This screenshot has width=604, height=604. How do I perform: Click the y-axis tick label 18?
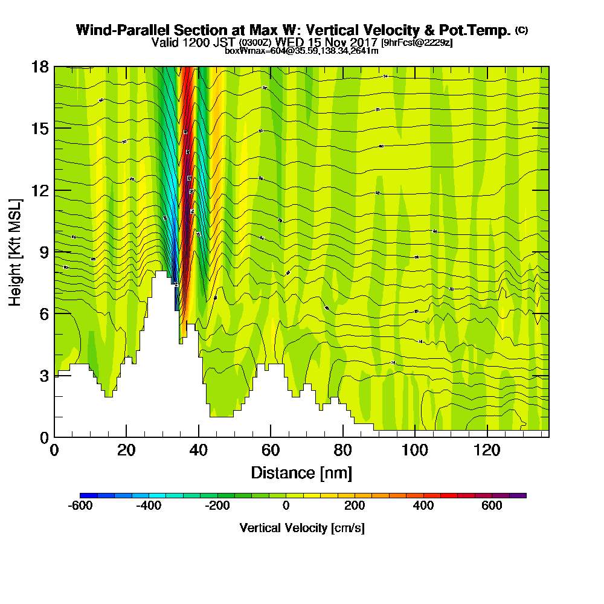tap(40, 66)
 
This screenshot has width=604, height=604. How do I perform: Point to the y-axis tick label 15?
tap(40, 128)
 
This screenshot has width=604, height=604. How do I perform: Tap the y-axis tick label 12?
tap(40, 190)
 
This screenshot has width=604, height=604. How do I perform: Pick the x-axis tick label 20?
tap(126, 451)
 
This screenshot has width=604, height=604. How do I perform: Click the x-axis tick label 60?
tap(271, 451)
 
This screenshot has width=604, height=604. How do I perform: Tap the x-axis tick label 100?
tap(415, 451)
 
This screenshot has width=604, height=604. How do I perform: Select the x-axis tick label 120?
tap(487, 451)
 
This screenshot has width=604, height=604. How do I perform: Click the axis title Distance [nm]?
tap(301, 472)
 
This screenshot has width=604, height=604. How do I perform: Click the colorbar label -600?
tap(80, 506)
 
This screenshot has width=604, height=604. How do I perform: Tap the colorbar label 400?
tap(423, 506)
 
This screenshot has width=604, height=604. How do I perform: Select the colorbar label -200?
tap(217, 506)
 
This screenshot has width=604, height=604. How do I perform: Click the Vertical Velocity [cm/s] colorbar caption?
tap(302, 528)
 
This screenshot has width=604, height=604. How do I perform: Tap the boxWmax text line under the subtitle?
tap(301, 51)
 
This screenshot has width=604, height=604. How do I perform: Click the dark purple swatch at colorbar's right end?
tap(518, 495)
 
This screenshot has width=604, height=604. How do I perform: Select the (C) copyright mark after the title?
tap(521, 30)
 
